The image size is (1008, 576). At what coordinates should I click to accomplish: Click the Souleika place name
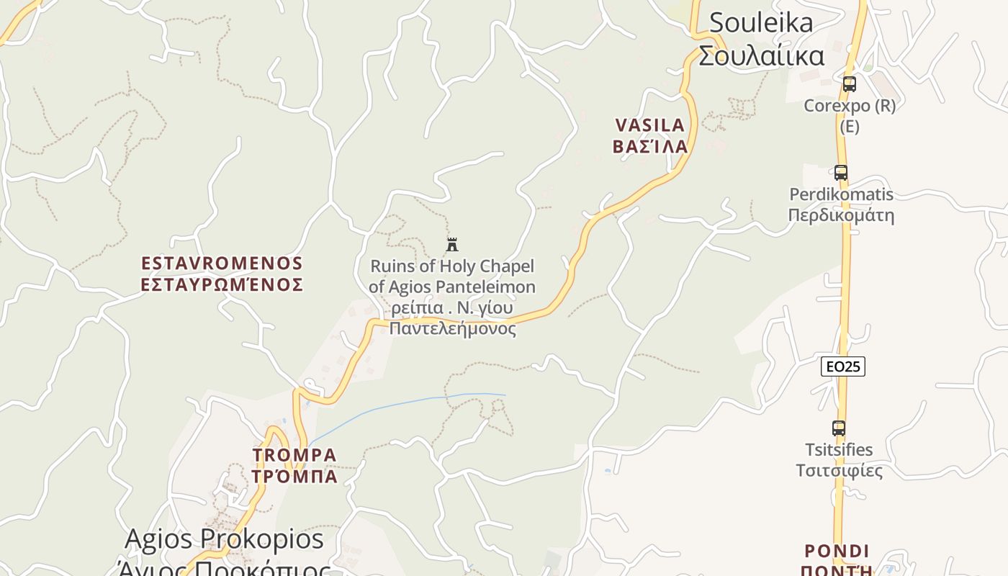[x=761, y=22]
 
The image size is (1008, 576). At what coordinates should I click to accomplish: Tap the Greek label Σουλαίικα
[x=761, y=55]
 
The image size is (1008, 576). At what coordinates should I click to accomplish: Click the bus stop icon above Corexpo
[x=850, y=84]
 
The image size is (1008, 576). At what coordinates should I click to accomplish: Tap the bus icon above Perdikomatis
[x=840, y=173]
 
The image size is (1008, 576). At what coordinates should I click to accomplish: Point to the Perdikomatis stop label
[x=841, y=194]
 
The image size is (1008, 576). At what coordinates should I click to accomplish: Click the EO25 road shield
[x=842, y=366]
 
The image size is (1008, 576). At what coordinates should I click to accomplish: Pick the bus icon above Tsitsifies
[x=838, y=428]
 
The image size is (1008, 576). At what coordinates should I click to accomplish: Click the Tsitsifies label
[x=839, y=450]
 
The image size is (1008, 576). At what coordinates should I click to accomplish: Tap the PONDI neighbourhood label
[x=837, y=552]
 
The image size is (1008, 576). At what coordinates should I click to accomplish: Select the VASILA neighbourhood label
[x=650, y=125]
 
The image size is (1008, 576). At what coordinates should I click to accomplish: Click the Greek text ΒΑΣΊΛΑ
[x=650, y=146]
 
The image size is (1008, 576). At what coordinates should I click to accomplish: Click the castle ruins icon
[x=452, y=245]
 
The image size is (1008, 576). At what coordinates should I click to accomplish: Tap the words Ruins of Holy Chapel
[x=452, y=266]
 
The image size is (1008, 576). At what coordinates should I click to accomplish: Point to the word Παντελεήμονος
[x=452, y=329]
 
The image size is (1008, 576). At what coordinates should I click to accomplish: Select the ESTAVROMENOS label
[x=222, y=263]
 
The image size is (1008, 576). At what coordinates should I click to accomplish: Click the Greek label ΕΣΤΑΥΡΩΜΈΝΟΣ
[x=222, y=284]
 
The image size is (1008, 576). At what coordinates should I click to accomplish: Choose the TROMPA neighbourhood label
[x=294, y=455]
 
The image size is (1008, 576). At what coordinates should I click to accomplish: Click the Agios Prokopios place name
[x=224, y=539]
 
